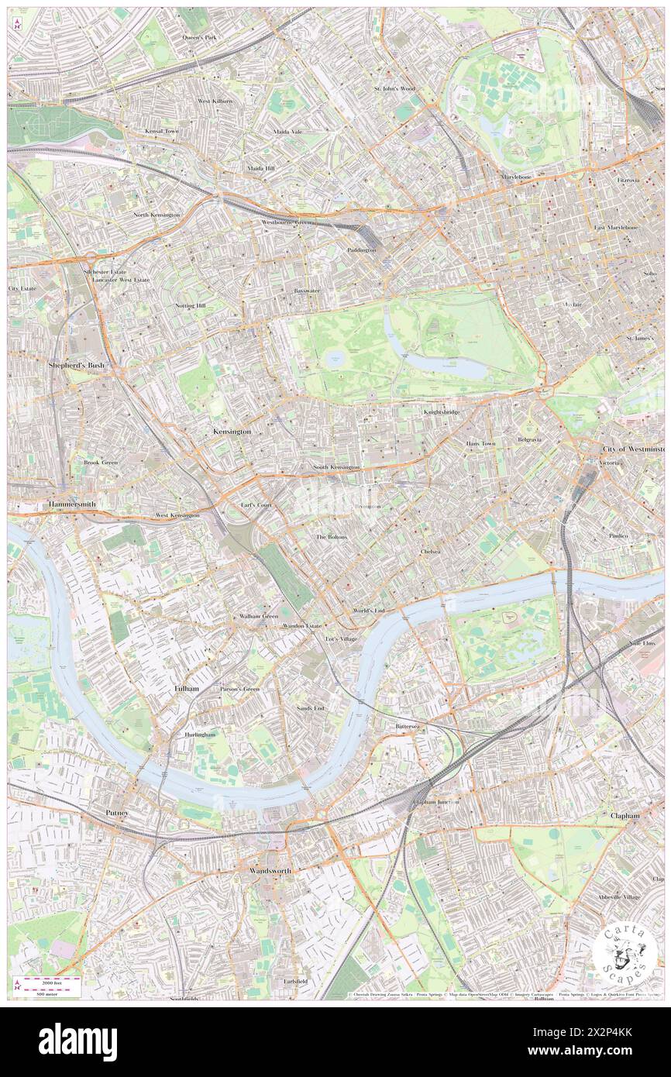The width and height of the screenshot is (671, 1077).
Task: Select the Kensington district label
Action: pyautogui.click(x=232, y=431)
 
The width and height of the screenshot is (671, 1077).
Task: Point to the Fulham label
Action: pyautogui.click(x=186, y=688)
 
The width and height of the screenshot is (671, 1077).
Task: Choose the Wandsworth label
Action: pyautogui.click(x=270, y=871)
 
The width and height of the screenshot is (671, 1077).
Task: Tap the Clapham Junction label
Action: pyautogui.click(x=435, y=802)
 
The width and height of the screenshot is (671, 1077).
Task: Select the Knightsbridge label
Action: pyautogui.click(x=441, y=412)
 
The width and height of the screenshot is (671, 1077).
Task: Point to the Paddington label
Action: pyautogui.click(x=361, y=250)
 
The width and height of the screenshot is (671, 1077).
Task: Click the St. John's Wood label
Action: pyautogui.click(x=394, y=88)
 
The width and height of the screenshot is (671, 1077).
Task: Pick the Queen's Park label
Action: pyautogui.click(x=199, y=37)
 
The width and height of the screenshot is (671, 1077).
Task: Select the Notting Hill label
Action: pyautogui.click(x=191, y=306)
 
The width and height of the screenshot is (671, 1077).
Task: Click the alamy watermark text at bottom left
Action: pyautogui.click(x=78, y=1042)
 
